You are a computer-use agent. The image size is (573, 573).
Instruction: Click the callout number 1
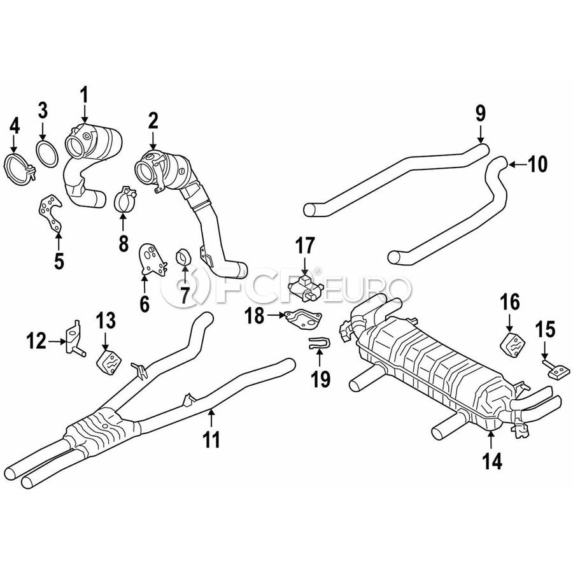85,95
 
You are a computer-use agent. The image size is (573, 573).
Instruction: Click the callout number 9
481,113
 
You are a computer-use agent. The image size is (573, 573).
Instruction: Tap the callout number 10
537,164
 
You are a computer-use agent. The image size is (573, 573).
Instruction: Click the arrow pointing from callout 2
153,140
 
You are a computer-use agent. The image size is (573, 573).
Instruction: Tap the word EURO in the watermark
368,290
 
